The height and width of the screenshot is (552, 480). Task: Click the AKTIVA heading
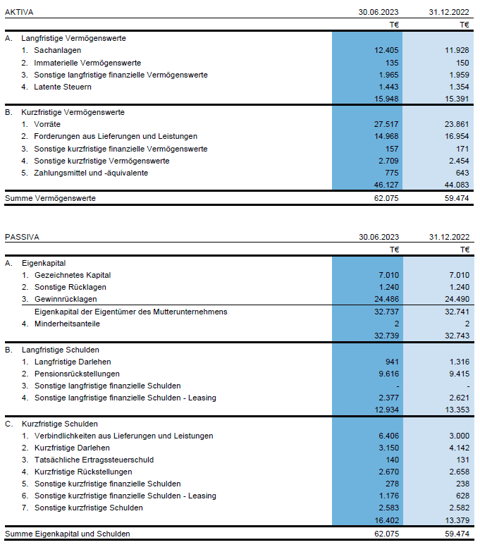[19, 12]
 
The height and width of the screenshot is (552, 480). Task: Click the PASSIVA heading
[22, 237]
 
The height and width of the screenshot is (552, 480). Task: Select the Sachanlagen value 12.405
[386, 50]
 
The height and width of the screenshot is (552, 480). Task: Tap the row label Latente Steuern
[63, 87]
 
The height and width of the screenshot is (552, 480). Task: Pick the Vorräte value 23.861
[457, 124]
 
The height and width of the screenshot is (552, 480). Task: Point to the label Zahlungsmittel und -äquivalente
[91, 173]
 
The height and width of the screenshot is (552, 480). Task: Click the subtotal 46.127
[386, 185]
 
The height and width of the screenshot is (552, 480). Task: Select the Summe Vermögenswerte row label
[50, 198]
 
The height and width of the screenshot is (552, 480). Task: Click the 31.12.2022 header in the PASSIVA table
[450, 237]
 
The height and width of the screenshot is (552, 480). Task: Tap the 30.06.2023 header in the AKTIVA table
[379, 12]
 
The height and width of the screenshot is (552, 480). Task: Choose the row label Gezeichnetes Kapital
[73, 275]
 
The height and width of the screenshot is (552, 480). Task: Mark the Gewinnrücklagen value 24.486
[387, 299]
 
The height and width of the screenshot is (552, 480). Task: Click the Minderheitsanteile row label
[67, 324]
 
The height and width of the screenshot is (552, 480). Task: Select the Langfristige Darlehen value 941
[392, 362]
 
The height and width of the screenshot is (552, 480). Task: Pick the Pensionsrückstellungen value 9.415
[460, 374]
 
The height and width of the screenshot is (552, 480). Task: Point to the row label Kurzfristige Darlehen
[72, 448]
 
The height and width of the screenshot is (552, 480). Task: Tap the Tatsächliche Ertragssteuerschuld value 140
[392, 460]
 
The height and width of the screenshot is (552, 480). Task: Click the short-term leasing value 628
[462, 496]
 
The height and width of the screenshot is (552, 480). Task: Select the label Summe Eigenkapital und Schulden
[68, 534]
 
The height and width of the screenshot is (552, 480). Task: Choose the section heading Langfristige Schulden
[61, 350]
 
